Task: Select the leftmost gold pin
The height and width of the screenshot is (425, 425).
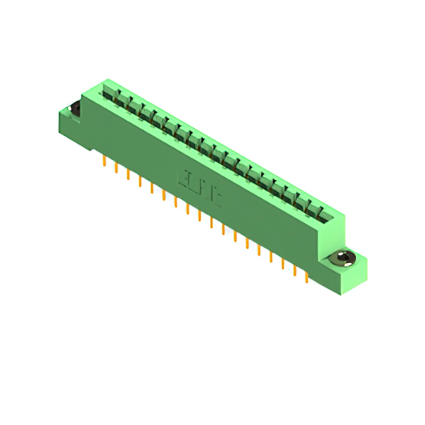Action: point(105,161)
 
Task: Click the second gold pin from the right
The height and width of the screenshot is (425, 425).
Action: point(294,271)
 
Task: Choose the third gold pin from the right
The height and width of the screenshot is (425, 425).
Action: point(283,264)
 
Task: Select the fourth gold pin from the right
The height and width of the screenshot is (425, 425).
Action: point(271,257)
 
